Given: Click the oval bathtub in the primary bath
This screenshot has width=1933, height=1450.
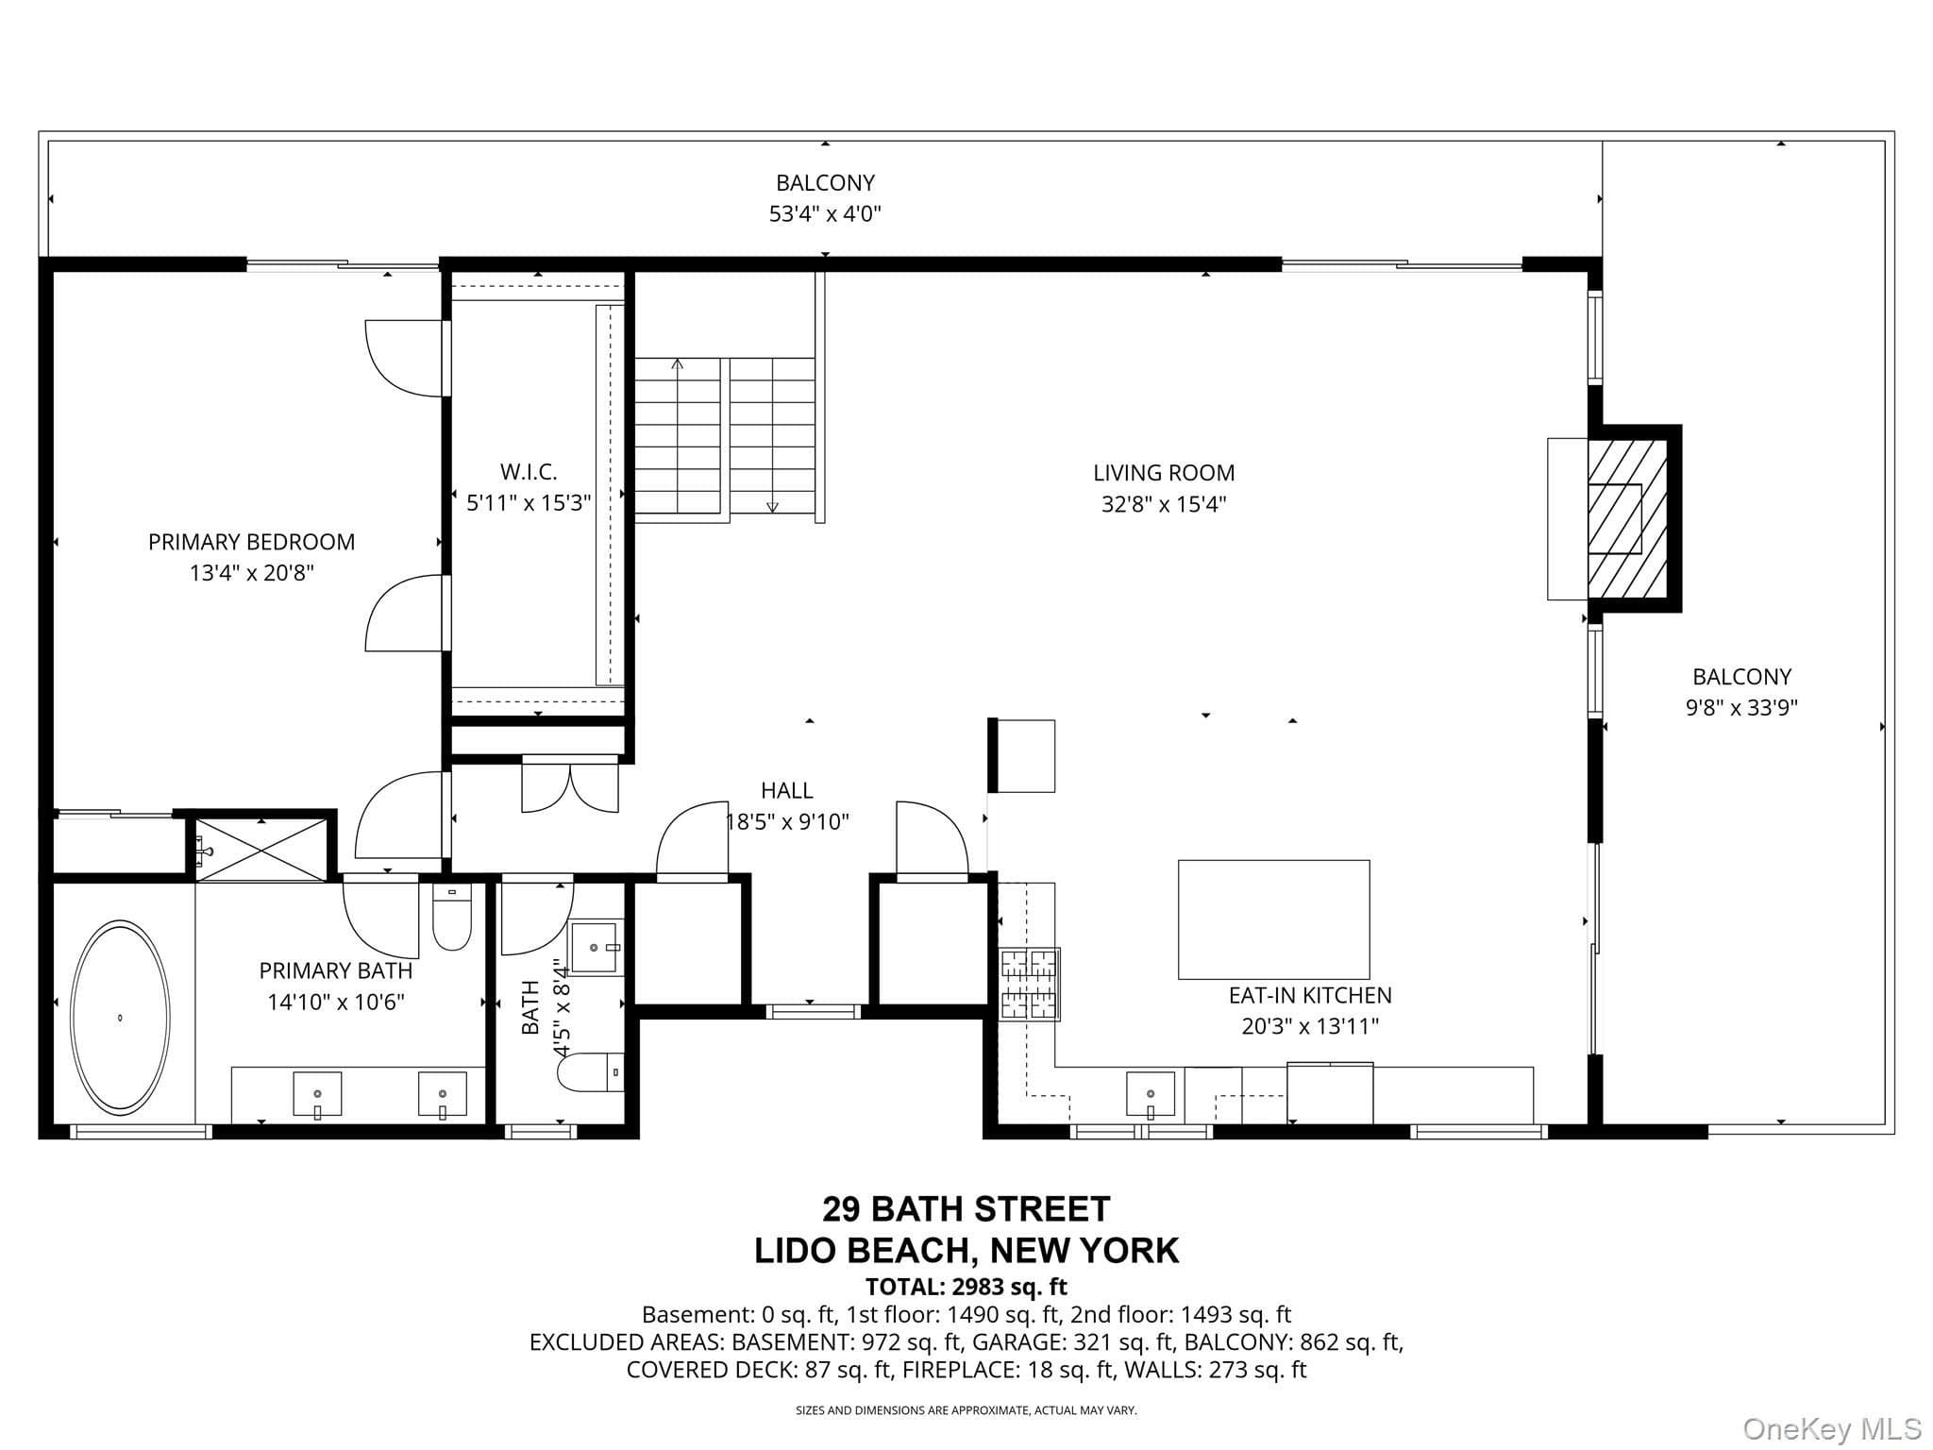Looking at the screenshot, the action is pyautogui.click(x=121, y=1016).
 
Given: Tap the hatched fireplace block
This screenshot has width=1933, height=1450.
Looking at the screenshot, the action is pyautogui.click(x=1627, y=519).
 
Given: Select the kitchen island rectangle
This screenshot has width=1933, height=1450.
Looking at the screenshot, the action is pyautogui.click(x=1273, y=919).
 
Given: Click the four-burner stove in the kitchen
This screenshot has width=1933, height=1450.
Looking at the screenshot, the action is pyautogui.click(x=1030, y=985).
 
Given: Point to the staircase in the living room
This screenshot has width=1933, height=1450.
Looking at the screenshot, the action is pyautogui.click(x=725, y=440).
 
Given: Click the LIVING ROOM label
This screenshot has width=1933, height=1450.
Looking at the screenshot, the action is pyautogui.click(x=1164, y=473).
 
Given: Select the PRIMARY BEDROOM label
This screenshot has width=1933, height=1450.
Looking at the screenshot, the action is pyautogui.click(x=251, y=542).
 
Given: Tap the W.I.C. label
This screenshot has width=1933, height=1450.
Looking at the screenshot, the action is pyautogui.click(x=529, y=471).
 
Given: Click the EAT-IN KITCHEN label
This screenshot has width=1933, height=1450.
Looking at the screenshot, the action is pyautogui.click(x=1310, y=995).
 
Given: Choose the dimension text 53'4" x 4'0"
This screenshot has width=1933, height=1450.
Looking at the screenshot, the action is pyautogui.click(x=825, y=213).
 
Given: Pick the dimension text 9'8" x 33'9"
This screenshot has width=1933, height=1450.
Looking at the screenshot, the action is pyautogui.click(x=1741, y=707).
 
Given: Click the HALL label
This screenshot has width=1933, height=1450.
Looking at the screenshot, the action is pyautogui.click(x=786, y=790).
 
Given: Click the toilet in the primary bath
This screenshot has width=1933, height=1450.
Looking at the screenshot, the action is pyautogui.click(x=452, y=917).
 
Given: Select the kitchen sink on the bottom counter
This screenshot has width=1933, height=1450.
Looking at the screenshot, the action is pyautogui.click(x=1151, y=1094).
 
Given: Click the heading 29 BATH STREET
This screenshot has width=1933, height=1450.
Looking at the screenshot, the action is pyautogui.click(x=966, y=1208).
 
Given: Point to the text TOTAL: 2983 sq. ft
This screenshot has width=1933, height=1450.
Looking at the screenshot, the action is pyautogui.click(x=966, y=1286).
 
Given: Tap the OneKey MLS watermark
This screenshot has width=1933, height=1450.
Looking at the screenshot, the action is pyautogui.click(x=1831, y=1428).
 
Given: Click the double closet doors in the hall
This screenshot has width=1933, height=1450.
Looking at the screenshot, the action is pyautogui.click(x=570, y=786).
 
